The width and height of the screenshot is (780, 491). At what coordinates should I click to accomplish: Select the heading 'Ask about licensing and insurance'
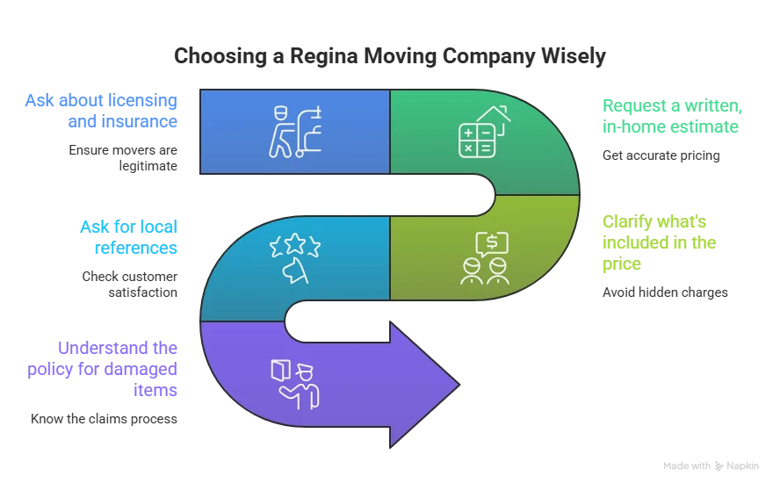(101, 111)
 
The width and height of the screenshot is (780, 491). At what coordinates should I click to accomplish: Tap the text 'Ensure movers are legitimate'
(123, 158)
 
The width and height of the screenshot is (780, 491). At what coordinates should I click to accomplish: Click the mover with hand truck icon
(295, 132)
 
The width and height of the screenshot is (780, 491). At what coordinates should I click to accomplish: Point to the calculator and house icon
(484, 132)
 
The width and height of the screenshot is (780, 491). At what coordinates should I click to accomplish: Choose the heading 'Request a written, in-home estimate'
(672, 116)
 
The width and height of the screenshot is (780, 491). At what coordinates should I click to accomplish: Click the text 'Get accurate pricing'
(661, 155)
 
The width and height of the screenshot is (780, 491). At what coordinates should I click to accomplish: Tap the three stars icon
(295, 245)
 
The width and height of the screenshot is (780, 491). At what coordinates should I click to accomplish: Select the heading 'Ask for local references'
(128, 237)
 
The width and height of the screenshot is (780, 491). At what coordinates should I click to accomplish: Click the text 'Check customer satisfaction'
(129, 284)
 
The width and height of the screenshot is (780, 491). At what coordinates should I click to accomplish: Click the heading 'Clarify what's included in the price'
(659, 242)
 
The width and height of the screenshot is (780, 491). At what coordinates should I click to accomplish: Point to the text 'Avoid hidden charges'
(665, 292)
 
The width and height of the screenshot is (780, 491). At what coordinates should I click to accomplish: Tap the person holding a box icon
(295, 385)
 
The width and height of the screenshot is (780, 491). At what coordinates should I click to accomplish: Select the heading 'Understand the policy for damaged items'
(102, 369)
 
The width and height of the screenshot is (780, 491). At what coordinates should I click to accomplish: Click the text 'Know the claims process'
(104, 419)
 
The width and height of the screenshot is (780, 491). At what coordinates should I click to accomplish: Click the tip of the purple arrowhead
(459, 384)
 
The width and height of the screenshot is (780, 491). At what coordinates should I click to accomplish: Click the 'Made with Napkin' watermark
(711, 466)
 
